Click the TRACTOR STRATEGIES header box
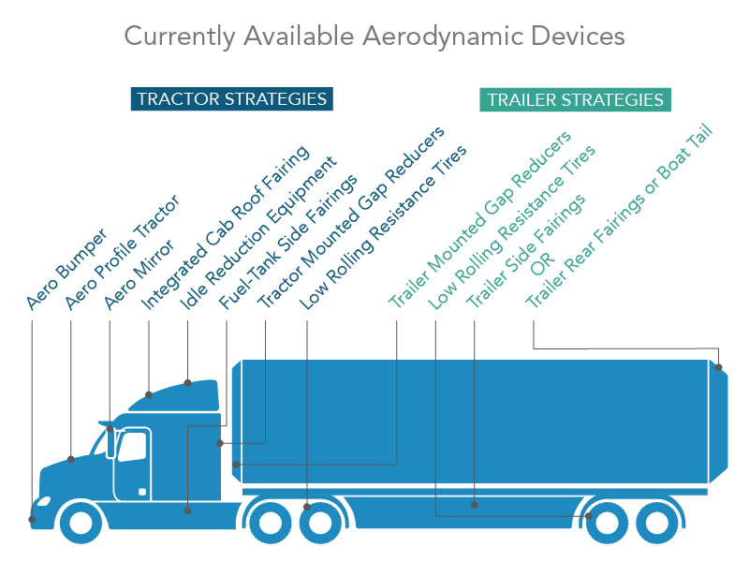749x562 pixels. (231, 98)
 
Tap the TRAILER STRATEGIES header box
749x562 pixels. (575, 100)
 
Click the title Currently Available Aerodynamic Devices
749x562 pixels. (374, 37)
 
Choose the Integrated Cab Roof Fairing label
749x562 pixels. (225, 229)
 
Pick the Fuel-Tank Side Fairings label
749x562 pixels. (287, 242)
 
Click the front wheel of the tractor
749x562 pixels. (81, 522)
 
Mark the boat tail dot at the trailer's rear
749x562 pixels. (719, 368)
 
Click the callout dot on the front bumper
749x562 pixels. (32, 518)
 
